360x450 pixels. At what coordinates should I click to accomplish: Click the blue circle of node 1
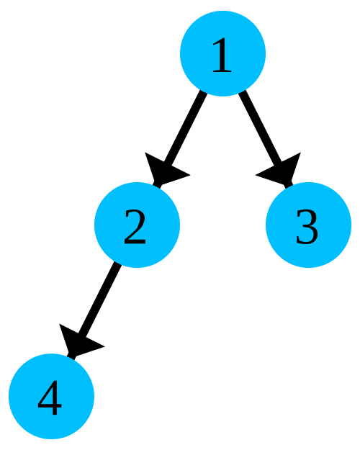(222, 53)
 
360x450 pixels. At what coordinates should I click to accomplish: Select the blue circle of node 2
(137, 225)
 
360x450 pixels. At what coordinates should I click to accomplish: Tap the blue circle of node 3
(308, 225)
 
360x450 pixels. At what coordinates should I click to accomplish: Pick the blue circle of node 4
(51, 396)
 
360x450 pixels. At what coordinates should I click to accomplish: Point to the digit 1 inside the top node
(222, 55)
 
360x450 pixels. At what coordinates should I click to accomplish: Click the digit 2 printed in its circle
(135, 227)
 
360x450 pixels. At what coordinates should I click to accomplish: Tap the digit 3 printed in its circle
(307, 227)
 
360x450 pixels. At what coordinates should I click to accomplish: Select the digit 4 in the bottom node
(50, 398)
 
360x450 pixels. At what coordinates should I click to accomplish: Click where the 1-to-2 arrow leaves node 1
(203, 92)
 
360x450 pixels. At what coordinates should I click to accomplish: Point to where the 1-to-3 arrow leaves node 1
(242, 92)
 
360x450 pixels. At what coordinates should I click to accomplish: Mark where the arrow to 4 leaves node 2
(117, 264)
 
